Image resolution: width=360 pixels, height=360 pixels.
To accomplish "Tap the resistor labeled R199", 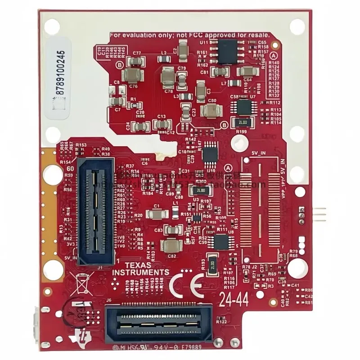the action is tap(243, 122).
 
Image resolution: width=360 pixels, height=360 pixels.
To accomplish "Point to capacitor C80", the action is tap(212, 110).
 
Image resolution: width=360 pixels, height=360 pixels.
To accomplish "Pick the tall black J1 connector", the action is tap(95, 211).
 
